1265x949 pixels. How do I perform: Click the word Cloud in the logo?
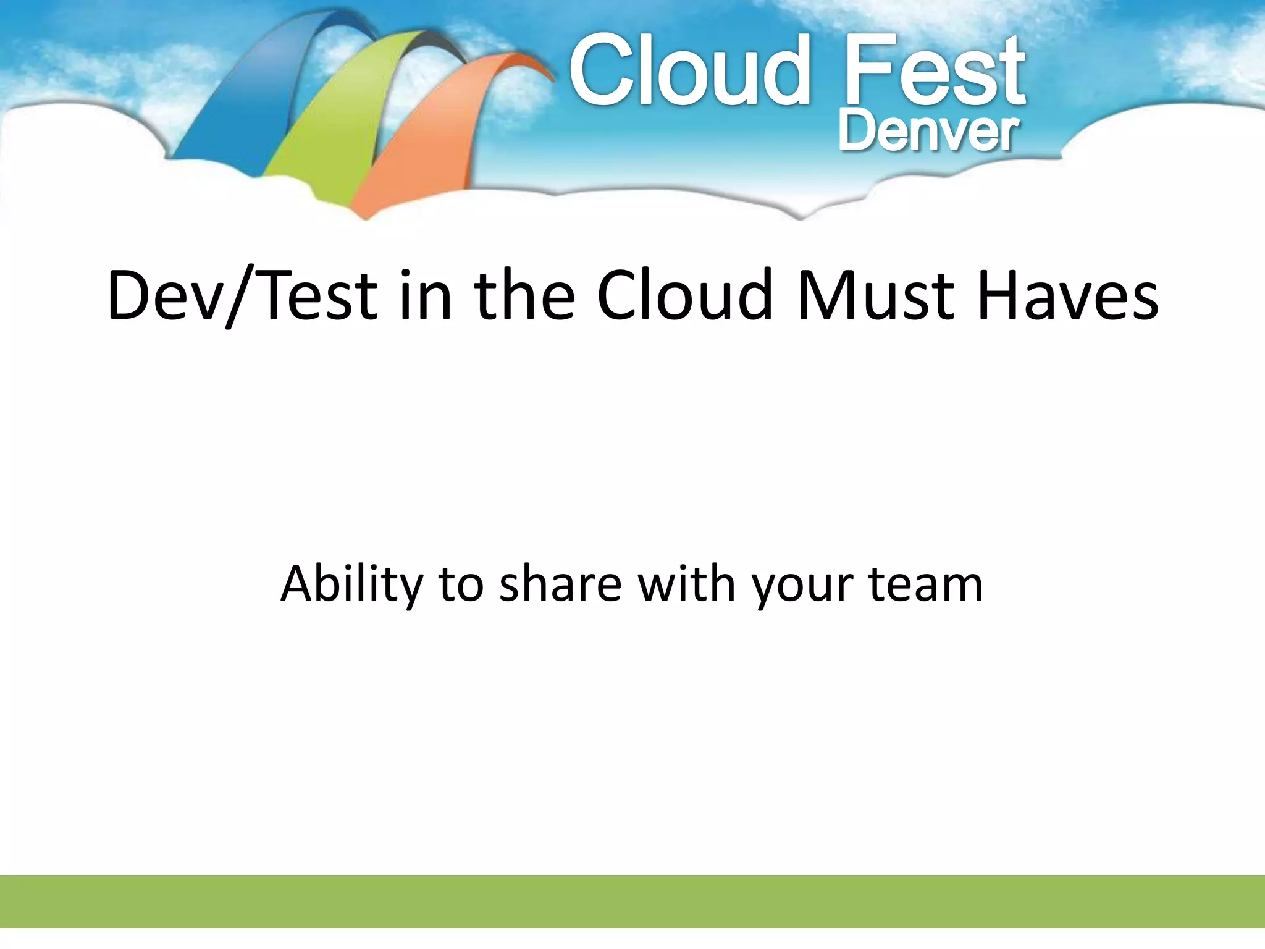[x=689, y=71]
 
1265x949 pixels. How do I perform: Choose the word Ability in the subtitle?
[x=351, y=584]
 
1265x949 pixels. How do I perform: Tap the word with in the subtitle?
[x=686, y=584]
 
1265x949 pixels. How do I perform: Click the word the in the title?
[x=524, y=297]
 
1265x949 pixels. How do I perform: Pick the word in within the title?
[x=426, y=297]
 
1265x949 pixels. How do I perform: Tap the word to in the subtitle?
[x=461, y=584]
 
